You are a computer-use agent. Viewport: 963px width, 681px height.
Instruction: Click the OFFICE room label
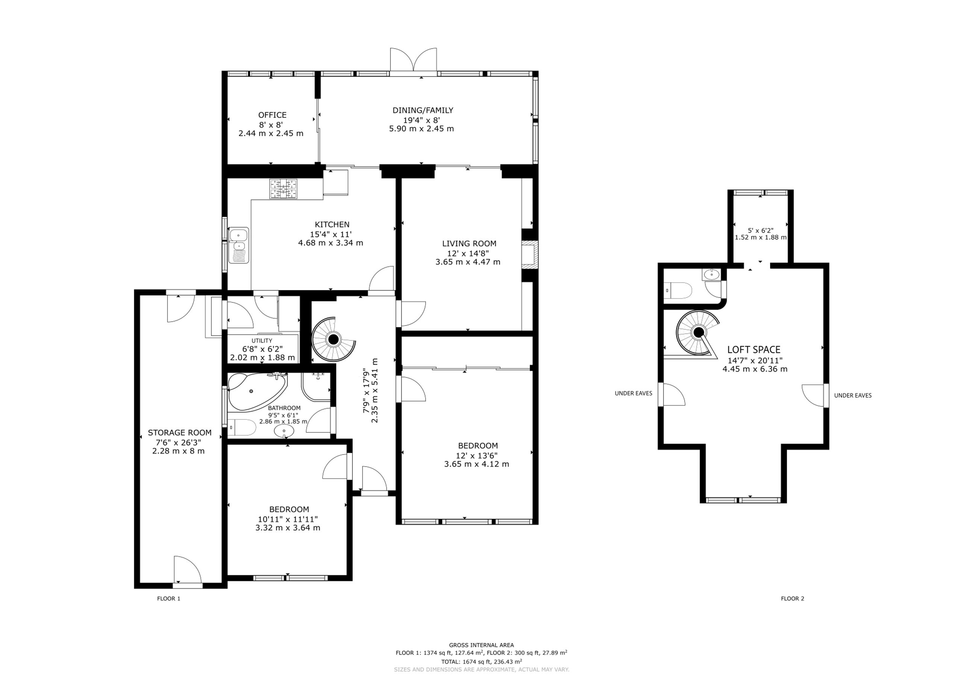[x=272, y=115]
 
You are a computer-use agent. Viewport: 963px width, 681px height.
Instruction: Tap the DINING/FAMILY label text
[x=423, y=110]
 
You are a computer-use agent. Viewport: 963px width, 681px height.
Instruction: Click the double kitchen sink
[x=238, y=245]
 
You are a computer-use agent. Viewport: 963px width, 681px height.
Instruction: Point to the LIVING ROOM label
[x=469, y=243]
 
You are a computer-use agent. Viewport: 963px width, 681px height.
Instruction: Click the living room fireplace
[x=529, y=255]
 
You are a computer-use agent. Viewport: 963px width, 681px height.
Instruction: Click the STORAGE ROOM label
[x=179, y=433]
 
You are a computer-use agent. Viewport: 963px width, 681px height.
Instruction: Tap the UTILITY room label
[x=262, y=341]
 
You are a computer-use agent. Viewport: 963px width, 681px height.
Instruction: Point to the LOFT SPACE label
[x=754, y=350]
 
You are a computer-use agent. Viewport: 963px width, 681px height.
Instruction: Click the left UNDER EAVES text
[x=633, y=393]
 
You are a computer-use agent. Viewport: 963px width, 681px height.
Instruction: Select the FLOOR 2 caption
[x=792, y=598]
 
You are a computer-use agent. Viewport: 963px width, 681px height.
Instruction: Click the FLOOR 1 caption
[x=169, y=598]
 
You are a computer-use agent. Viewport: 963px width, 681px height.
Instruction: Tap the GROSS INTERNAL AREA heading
[x=481, y=645]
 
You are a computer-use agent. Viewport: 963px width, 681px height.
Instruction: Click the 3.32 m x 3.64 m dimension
[x=288, y=527]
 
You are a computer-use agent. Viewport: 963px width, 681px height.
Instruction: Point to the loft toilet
[x=678, y=290]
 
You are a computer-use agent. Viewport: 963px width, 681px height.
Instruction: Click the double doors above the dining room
[x=413, y=59]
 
